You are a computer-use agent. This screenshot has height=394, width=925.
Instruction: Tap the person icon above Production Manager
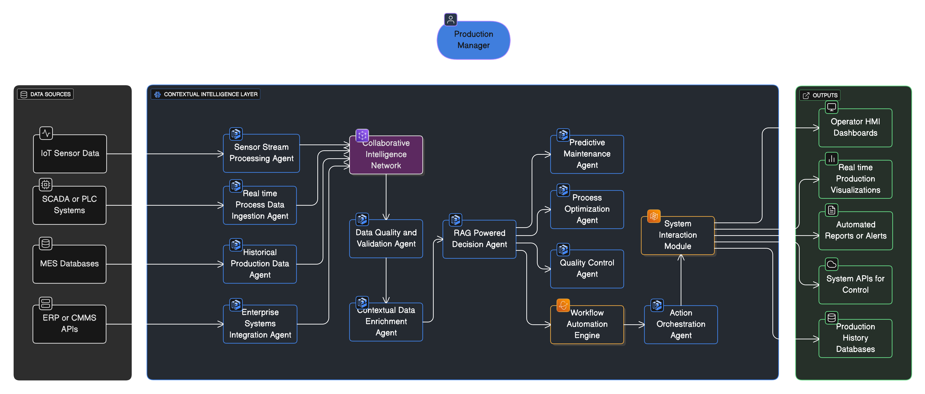(x=450, y=19)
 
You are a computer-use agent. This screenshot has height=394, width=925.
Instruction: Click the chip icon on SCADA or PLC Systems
(x=46, y=185)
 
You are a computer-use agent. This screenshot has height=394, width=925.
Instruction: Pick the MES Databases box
(x=69, y=264)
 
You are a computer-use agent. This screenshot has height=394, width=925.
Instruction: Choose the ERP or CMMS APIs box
(x=69, y=324)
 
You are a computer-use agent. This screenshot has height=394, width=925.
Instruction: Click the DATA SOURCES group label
(x=46, y=94)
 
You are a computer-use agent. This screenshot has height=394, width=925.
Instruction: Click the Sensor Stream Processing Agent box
(x=261, y=153)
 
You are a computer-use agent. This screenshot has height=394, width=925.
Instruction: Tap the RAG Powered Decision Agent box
(x=479, y=239)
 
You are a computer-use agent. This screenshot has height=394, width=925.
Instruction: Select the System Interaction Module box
(x=678, y=235)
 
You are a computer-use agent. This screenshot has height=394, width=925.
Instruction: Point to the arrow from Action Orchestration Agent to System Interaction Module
(x=681, y=280)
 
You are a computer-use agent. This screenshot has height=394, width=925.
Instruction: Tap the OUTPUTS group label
(x=820, y=95)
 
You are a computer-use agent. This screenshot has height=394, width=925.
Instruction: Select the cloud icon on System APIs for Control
(x=832, y=264)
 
